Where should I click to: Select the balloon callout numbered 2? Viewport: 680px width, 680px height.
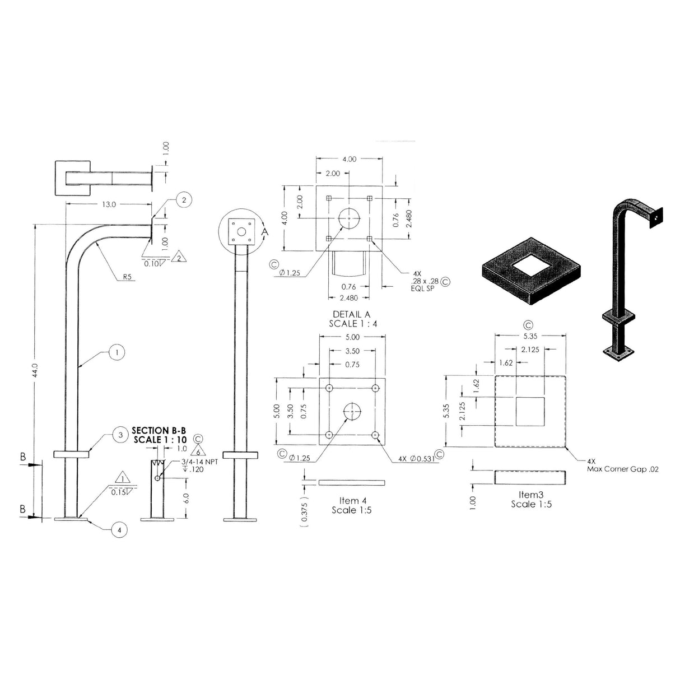point(184,199)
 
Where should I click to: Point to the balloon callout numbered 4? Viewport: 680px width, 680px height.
point(119,529)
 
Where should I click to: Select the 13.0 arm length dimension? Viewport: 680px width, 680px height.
point(108,204)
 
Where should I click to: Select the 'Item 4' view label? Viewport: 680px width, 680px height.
point(352,500)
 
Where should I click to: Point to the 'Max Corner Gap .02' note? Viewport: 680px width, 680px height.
point(622,469)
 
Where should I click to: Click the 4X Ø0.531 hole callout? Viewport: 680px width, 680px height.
point(417,459)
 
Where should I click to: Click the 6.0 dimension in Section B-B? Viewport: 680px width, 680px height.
point(187,497)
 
